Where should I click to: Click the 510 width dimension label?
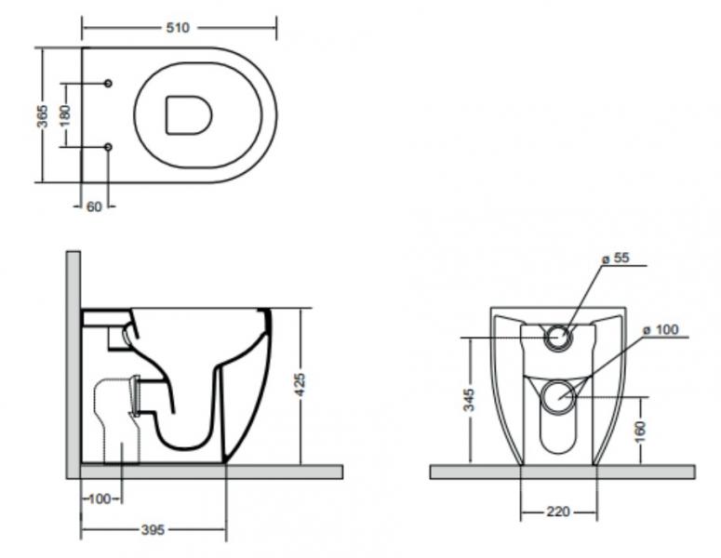point(177,28)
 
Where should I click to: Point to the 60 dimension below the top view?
point(94,206)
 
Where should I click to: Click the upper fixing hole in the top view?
point(108,84)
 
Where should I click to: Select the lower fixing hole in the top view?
point(108,147)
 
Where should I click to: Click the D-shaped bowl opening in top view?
point(187,114)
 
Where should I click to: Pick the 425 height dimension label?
point(300,384)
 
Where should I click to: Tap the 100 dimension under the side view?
point(99,499)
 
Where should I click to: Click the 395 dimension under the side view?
point(153,530)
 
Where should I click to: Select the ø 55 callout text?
point(615,259)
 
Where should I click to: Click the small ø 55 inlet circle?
point(558,338)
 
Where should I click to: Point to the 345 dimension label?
point(470,400)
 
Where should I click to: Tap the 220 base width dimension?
point(558,512)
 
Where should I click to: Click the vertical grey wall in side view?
point(73,363)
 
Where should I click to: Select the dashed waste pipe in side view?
point(116,418)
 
